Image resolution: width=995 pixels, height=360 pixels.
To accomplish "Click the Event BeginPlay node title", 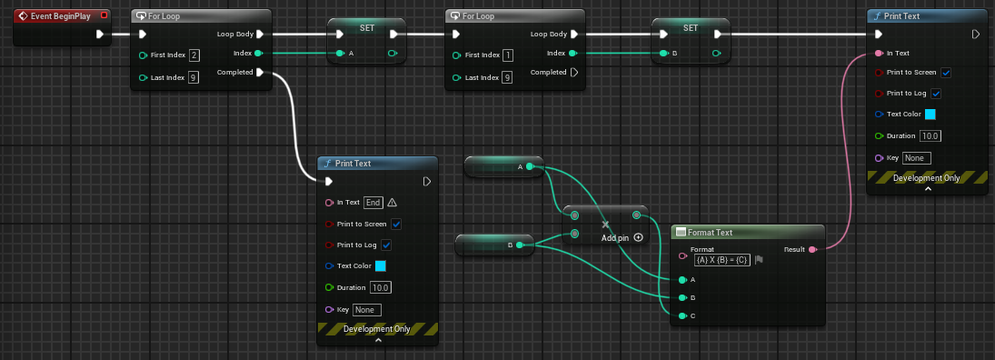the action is (60, 15).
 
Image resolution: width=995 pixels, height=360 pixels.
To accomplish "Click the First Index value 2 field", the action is (194, 55).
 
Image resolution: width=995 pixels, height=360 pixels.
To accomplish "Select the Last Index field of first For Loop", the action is (194, 77).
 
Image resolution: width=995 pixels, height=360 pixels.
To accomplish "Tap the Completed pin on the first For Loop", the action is (260, 73).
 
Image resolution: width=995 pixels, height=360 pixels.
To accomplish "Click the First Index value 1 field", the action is (508, 55).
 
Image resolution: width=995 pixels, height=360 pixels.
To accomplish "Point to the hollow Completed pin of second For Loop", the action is (573, 73).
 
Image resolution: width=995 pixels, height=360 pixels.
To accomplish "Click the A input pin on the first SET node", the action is (340, 54).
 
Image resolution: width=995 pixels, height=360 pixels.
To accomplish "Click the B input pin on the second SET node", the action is (664, 54).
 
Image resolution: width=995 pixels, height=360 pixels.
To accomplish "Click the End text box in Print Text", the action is (373, 203).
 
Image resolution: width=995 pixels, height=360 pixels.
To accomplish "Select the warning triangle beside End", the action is (393, 203).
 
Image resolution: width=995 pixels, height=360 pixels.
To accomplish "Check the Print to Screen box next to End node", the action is (396, 225).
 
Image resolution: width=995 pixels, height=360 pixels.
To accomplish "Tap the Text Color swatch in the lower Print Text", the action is (381, 266).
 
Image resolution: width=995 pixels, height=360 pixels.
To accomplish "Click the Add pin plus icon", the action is (639, 237).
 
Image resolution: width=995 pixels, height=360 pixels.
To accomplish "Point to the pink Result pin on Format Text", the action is (812, 249).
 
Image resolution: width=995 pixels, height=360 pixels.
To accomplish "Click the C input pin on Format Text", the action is (682, 315).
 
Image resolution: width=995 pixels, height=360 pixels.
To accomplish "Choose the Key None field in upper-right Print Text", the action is (916, 158).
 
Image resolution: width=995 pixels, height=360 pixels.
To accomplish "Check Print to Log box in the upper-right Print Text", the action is (936, 94).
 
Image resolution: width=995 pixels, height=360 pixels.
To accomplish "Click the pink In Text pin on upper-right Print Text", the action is (879, 54).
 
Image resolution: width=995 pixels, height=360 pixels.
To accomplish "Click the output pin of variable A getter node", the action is (530, 167).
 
